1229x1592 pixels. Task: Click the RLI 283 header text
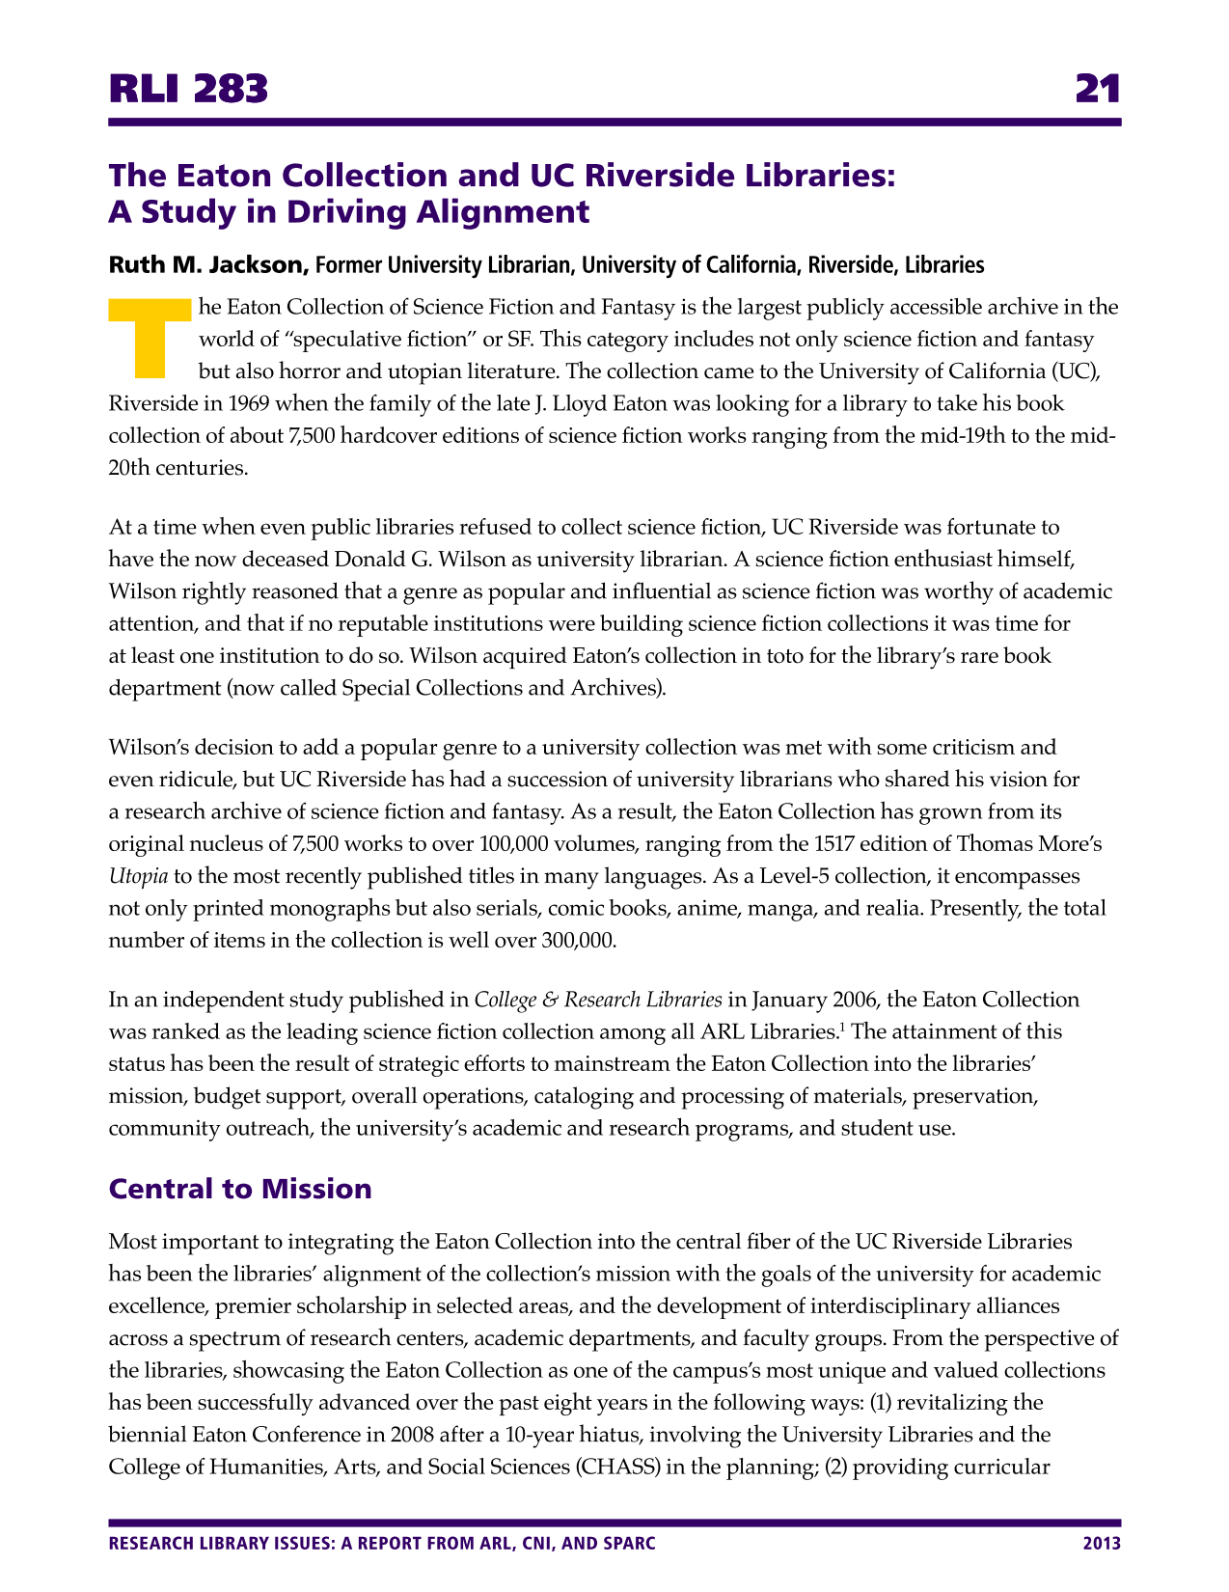(188, 90)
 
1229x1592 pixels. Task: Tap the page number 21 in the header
(1098, 90)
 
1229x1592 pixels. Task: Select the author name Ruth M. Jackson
(207, 264)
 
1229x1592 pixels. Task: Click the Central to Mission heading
(240, 1188)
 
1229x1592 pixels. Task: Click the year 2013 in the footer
(1102, 1544)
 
